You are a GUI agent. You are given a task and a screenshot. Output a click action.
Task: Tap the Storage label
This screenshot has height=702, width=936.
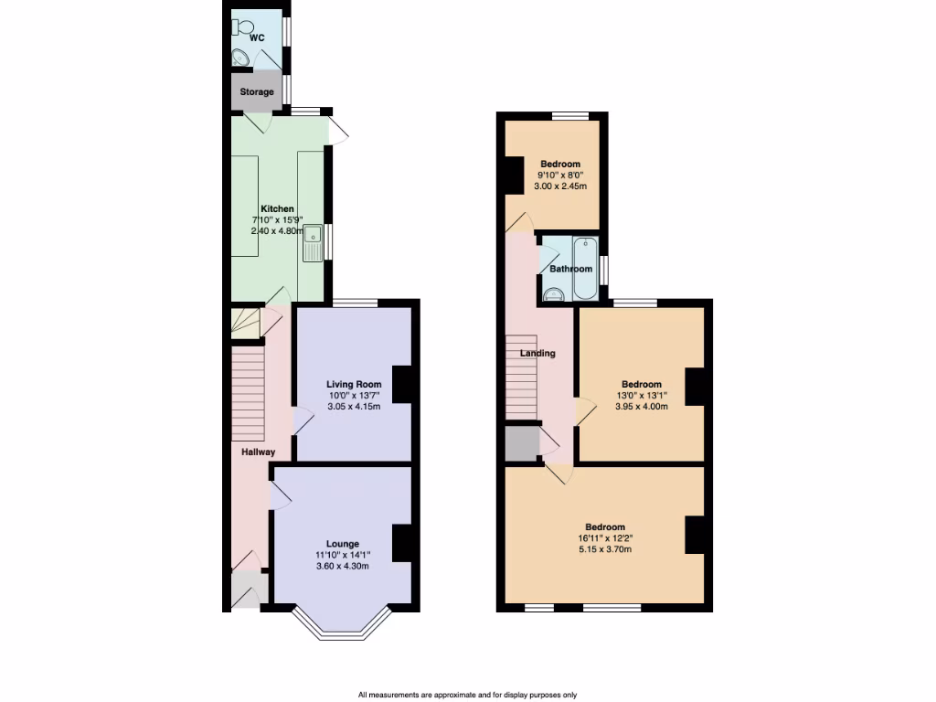coord(257,92)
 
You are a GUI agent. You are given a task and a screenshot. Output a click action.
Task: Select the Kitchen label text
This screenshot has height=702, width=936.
coord(277,209)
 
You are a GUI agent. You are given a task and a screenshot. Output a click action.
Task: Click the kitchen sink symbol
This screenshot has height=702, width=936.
coord(314,243)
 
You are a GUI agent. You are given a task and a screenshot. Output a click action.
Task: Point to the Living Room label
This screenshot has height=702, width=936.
coord(354,384)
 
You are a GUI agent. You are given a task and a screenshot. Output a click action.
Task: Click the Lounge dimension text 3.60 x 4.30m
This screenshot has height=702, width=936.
coord(343,566)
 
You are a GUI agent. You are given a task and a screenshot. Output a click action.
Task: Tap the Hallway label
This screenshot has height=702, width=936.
coord(259,452)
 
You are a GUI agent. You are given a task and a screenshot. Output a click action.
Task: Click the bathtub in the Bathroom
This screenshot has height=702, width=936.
coord(584,268)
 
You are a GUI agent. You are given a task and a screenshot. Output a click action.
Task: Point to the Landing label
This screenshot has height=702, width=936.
coord(537,353)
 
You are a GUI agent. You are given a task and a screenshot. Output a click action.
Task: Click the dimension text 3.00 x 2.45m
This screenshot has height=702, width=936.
coord(559,186)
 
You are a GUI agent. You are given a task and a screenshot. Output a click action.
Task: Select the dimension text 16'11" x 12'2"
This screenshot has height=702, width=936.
coord(604,538)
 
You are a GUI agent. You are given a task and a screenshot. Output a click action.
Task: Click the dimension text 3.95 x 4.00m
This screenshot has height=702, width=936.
coord(641,407)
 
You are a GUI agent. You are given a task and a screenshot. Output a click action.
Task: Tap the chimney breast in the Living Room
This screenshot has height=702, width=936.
coord(401,384)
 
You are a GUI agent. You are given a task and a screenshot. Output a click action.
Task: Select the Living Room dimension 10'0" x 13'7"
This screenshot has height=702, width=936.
coord(354,395)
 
